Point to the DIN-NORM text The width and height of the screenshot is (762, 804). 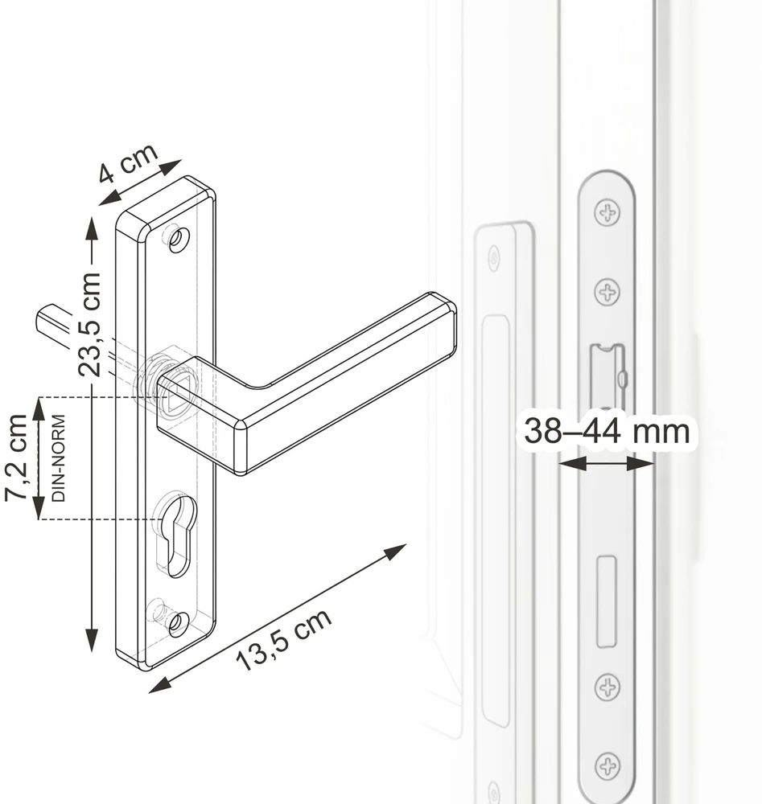point(59,458)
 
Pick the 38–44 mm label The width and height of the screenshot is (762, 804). point(607,431)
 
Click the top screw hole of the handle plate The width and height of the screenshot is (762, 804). point(179,240)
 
